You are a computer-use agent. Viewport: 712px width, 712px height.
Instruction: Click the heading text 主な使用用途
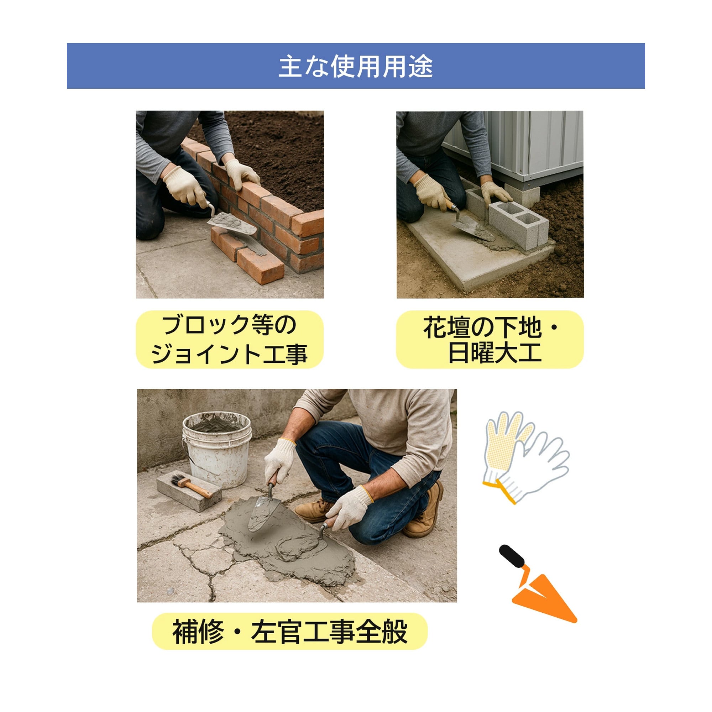356,66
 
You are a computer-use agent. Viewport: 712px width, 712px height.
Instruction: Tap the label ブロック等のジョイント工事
229,339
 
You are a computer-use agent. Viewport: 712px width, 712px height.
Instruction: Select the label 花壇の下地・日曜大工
490,339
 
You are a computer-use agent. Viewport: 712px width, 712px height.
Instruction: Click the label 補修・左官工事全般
290,631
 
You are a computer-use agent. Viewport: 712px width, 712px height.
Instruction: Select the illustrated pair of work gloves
525,457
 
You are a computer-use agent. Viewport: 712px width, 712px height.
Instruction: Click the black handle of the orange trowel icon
512,557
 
